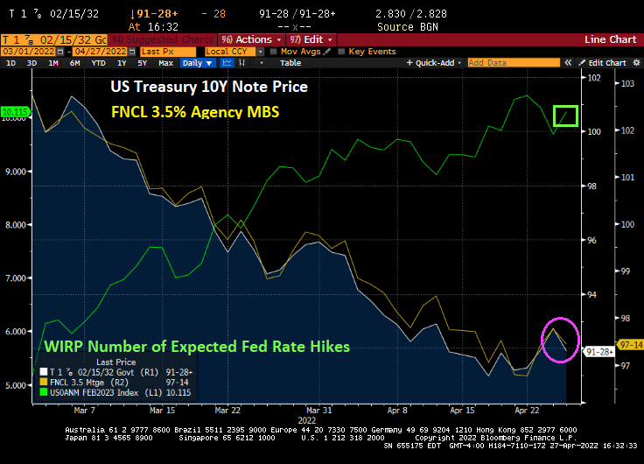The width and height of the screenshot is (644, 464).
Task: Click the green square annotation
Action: click(566, 116)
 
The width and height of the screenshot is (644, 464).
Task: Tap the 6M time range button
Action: click(75, 63)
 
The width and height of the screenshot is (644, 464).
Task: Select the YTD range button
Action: click(98, 63)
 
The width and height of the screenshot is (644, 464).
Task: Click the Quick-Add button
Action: click(434, 63)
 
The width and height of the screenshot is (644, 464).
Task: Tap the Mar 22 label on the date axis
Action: click(227, 409)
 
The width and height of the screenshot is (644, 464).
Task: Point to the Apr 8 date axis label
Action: click(398, 409)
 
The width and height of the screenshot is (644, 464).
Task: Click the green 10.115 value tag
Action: click(15, 111)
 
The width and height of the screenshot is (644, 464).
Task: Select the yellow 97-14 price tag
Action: click(629, 344)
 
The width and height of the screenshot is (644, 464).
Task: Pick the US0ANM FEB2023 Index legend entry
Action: click(94, 391)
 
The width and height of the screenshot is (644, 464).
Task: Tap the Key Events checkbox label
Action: click(372, 52)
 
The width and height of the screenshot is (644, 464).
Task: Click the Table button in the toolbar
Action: click(290, 63)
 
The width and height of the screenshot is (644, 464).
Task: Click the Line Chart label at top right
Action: click(610, 39)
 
